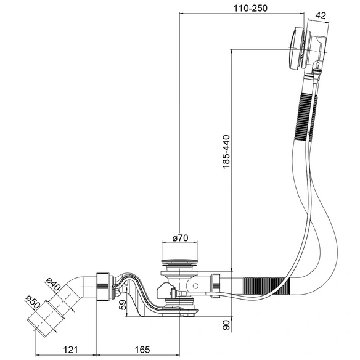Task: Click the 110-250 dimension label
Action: click(x=250, y=9)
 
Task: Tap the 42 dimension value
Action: click(x=321, y=15)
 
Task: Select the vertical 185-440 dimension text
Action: click(x=226, y=152)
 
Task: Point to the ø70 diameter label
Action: click(x=180, y=238)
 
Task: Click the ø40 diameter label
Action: click(x=53, y=284)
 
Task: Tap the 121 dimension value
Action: click(x=70, y=350)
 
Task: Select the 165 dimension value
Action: click(x=142, y=350)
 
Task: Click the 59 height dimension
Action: click(x=123, y=305)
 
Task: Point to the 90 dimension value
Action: click(x=226, y=324)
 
